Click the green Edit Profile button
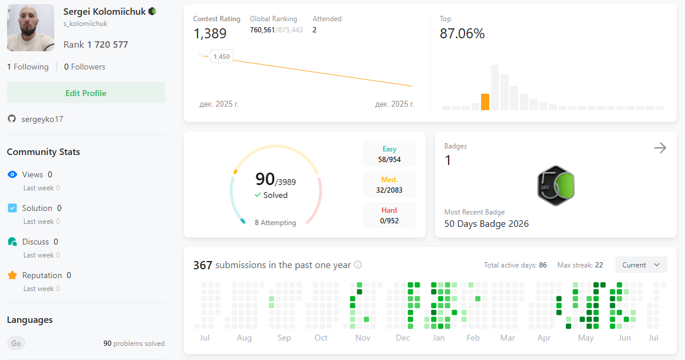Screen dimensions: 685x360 [x=86, y=93]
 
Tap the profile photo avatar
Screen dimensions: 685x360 [x=31, y=28]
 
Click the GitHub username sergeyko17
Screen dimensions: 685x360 [x=42, y=119]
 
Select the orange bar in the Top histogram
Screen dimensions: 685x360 [x=485, y=102]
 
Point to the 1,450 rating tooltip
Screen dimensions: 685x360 [x=222, y=57]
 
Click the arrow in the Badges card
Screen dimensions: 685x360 [x=660, y=148]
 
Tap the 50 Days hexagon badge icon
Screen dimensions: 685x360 [x=556, y=186]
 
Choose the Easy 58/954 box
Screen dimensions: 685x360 [x=389, y=154]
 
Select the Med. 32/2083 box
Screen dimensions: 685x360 [x=389, y=184]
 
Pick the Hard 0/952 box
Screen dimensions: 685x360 [x=389, y=215]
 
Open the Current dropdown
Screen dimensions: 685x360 [x=641, y=265]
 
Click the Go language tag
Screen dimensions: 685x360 [x=16, y=344]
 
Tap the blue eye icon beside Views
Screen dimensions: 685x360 [x=12, y=174]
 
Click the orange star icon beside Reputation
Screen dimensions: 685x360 [x=12, y=275]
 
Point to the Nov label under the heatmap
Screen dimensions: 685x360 [x=363, y=338]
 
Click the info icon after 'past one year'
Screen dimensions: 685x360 [x=358, y=265]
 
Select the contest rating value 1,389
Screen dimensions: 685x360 [x=210, y=33]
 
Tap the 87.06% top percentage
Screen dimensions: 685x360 [x=462, y=33]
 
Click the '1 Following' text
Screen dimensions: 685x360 [x=28, y=67]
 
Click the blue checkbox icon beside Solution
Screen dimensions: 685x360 [x=12, y=208]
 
